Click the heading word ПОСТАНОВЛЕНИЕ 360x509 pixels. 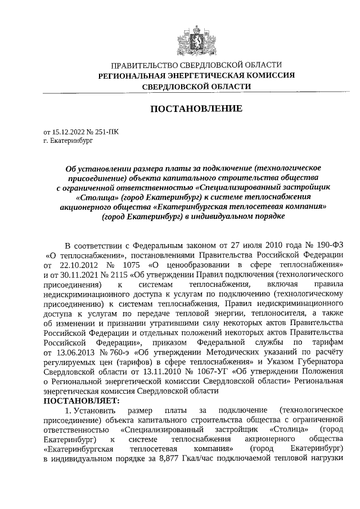pos(196,109)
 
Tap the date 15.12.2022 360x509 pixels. pos(68,132)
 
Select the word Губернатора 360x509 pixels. pos(318,363)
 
